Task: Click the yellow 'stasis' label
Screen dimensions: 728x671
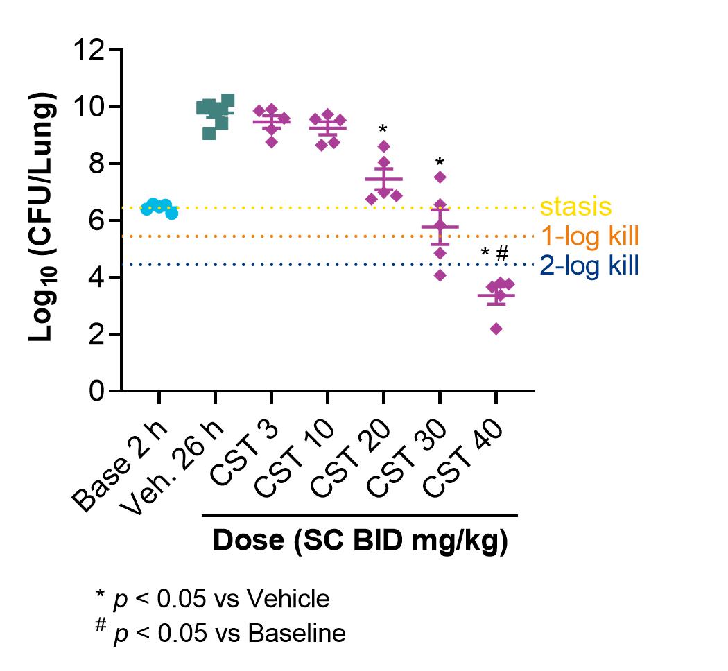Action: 575,207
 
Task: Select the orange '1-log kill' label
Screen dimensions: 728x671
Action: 590,236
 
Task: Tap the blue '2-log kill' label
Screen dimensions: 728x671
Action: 589,265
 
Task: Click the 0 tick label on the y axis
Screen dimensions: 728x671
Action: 96,391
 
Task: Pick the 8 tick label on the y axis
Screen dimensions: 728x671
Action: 96,164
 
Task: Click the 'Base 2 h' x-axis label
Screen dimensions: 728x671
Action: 120,466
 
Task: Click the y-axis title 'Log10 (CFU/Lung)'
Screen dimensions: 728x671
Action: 42,217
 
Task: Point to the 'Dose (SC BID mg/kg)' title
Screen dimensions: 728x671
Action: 361,540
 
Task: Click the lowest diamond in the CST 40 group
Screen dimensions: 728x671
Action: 496,329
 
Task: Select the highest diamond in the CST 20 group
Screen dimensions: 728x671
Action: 384,146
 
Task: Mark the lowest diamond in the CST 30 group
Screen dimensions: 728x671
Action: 440,276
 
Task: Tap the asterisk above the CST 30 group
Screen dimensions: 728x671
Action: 440,162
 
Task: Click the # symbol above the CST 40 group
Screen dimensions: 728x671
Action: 503,254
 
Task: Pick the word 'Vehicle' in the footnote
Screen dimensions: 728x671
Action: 288,599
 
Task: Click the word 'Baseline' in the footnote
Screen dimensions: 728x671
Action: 297,633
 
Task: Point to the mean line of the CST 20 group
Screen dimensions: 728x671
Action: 384,179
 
